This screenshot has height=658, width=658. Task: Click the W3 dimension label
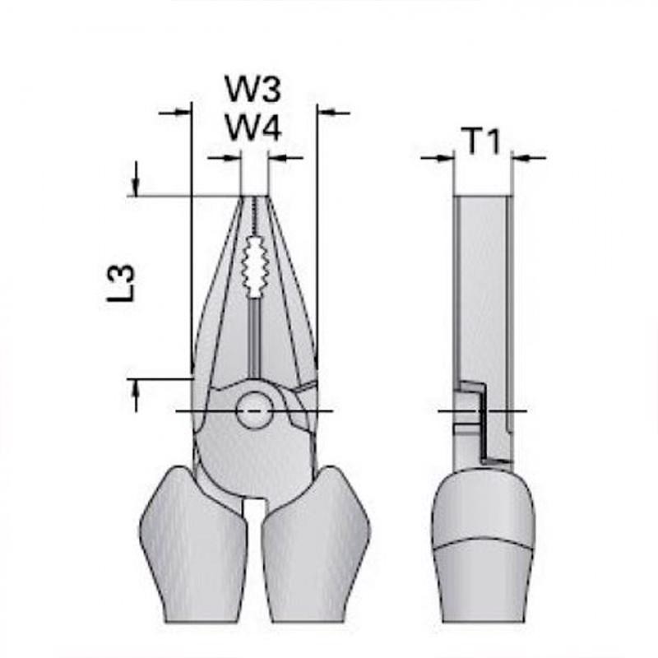point(253,89)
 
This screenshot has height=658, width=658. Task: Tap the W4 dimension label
point(253,127)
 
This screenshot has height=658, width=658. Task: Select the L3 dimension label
point(121,283)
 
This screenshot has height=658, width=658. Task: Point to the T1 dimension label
point(481,141)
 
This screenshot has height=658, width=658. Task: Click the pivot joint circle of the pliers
point(254,410)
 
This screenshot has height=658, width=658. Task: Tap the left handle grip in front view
point(192,544)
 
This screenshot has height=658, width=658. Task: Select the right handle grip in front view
point(316,544)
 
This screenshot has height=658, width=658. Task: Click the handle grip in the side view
point(484,545)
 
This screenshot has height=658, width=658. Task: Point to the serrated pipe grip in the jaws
point(254,266)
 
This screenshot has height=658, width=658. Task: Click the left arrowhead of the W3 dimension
point(183,112)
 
